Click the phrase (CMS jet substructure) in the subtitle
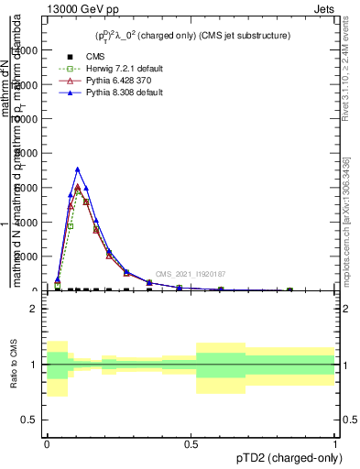[x=245, y=36]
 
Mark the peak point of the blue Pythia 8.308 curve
[x=78, y=169]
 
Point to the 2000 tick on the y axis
[x=32, y=256]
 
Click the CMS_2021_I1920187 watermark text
[x=190, y=274]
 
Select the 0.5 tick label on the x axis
[x=191, y=443]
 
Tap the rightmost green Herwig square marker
[x=289, y=290]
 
